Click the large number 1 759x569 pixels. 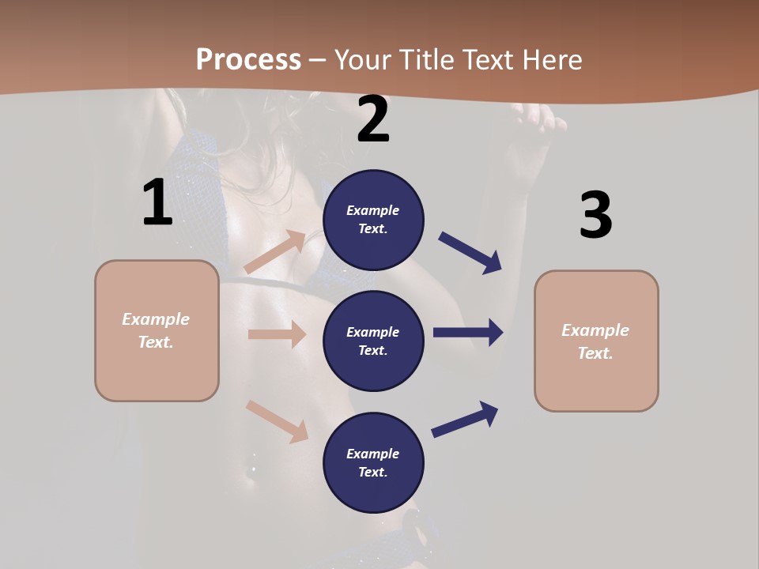click(x=157, y=203)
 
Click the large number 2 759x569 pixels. click(x=373, y=120)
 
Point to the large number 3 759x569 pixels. click(x=596, y=216)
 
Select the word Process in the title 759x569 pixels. click(x=248, y=59)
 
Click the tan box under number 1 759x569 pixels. click(x=157, y=330)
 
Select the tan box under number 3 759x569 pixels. click(x=596, y=341)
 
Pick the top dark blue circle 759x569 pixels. click(x=373, y=220)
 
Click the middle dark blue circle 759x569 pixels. click(x=373, y=341)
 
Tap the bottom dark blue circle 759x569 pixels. click(x=373, y=462)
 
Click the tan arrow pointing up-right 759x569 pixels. click(x=276, y=251)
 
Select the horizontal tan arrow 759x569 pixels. click(x=277, y=334)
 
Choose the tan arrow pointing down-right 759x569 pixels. click(x=278, y=421)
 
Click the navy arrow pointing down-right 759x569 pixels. click(x=470, y=253)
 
